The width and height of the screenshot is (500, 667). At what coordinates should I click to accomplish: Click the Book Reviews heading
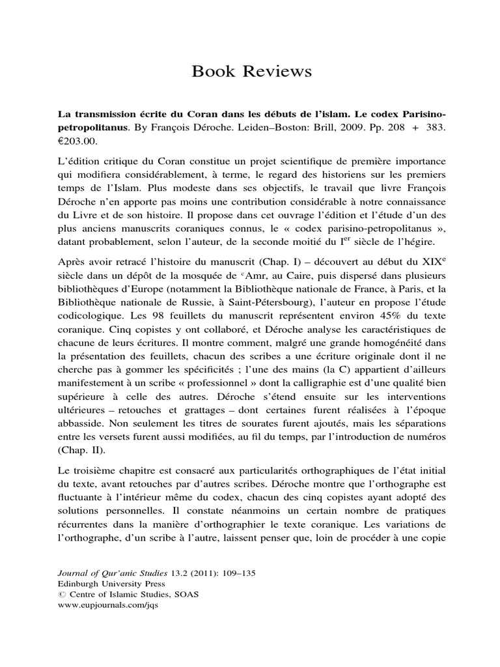tap(251, 71)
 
